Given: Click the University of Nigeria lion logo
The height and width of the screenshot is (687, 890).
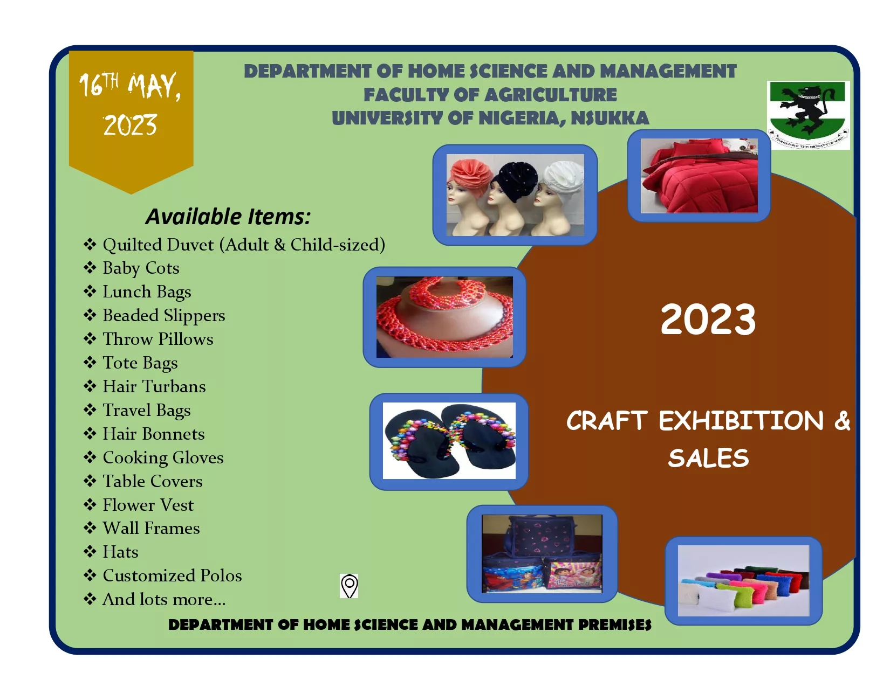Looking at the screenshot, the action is [x=807, y=115].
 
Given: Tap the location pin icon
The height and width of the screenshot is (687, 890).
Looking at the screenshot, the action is [x=349, y=586].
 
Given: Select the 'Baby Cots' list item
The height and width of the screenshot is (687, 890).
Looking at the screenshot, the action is [x=141, y=268].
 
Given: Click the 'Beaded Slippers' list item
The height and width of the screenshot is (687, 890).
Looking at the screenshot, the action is [x=164, y=315].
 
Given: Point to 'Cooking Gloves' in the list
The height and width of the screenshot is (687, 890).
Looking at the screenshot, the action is [x=163, y=458].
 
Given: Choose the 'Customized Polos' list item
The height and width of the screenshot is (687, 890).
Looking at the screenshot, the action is [x=172, y=575].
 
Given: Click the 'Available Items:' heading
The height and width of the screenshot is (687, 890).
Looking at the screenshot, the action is [x=228, y=217].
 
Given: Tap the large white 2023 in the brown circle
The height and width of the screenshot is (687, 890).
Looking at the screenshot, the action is [x=708, y=320].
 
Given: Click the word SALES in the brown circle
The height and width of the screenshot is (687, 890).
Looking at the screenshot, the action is [x=709, y=458].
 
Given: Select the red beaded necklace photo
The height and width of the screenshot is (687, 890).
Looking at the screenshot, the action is [x=444, y=317].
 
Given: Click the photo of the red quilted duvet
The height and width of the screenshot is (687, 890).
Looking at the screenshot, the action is [x=699, y=176].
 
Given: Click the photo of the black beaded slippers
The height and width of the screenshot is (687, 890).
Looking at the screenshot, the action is [x=449, y=441].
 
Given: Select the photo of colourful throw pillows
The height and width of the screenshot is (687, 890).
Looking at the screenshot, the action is [x=743, y=581].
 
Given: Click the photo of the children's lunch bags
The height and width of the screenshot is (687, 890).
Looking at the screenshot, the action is [x=542, y=553].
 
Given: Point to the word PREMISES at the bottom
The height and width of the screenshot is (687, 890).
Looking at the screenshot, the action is [x=615, y=625].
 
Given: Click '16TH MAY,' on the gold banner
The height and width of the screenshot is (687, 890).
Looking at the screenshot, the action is [x=130, y=86].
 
